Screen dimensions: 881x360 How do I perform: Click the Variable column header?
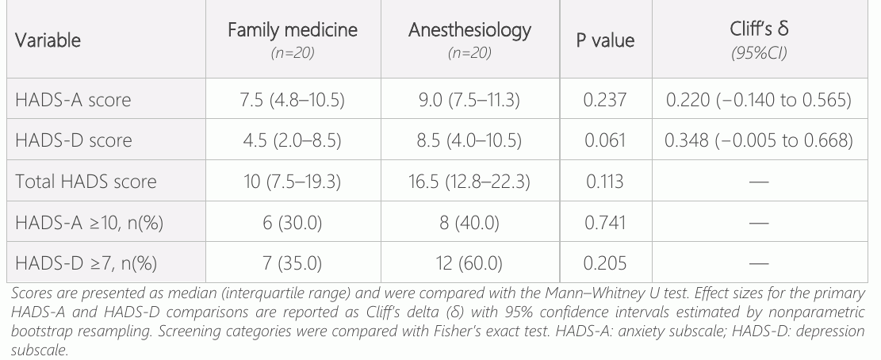tap(48, 40)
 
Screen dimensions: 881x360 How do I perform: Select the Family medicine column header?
tap(293, 30)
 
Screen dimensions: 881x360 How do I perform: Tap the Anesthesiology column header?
tap(469, 30)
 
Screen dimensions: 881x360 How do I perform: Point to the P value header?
tap(606, 40)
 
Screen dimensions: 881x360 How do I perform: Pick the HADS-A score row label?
tap(73, 99)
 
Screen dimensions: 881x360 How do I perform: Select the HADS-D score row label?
tap(74, 140)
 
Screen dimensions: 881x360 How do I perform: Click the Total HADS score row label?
tap(86, 182)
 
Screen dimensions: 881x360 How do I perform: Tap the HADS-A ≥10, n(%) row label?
tap(90, 223)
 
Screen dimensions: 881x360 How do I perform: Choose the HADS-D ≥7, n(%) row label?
tap(86, 263)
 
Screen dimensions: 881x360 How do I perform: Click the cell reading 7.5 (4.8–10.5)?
tap(292, 99)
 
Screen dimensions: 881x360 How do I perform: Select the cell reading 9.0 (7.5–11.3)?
tap(469, 99)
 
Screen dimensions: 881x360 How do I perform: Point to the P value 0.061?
tap(605, 140)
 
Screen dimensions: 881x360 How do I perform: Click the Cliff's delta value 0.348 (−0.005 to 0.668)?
tap(759, 140)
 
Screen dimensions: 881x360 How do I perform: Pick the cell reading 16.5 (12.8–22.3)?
tap(469, 182)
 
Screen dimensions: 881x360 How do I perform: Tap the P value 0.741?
tap(605, 223)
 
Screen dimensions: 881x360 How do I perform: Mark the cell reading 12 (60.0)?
tap(469, 263)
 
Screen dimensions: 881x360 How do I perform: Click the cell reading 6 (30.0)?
tap(292, 223)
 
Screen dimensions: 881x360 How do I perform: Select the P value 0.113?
tap(605, 182)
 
